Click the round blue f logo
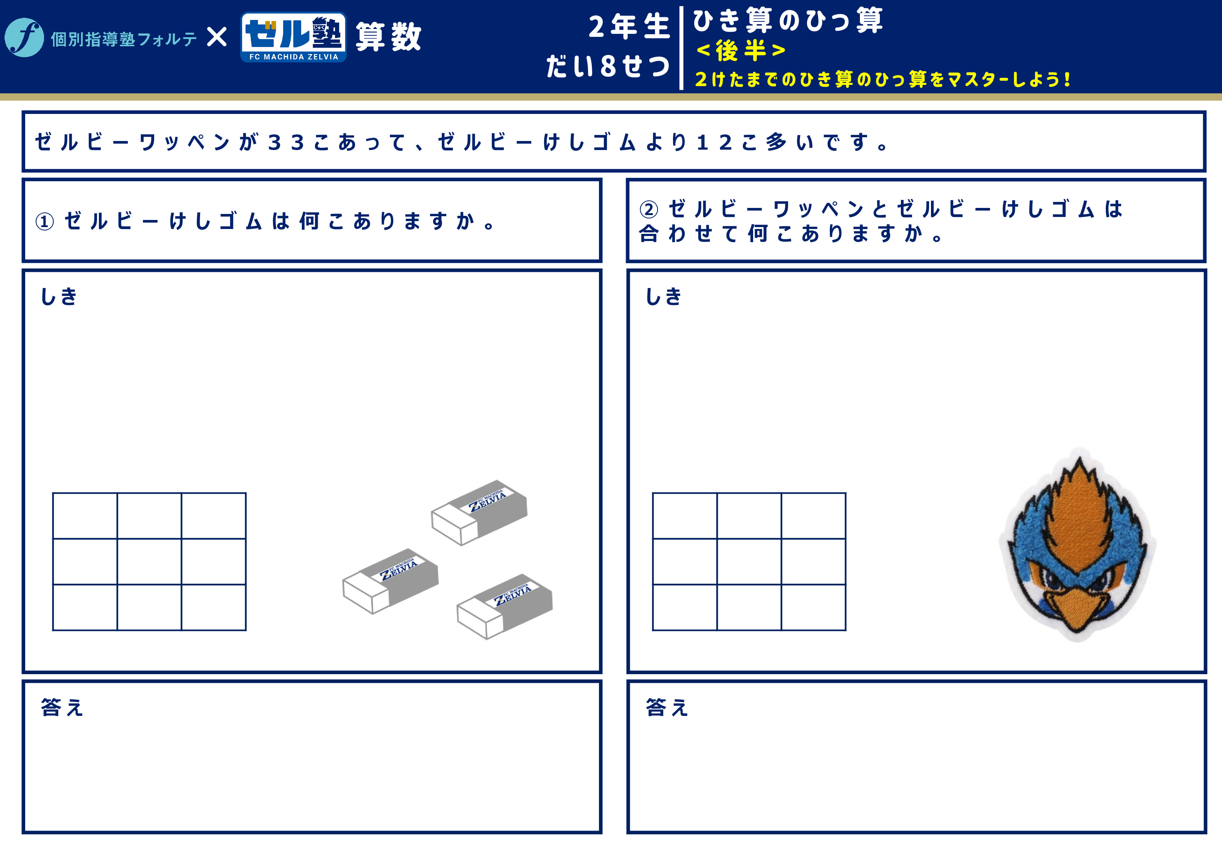tap(24, 38)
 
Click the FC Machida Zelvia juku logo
tap(294, 37)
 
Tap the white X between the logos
tap(217, 38)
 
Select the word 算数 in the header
tap(388, 37)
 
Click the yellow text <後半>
tap(741, 51)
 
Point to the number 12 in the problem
tap(714, 142)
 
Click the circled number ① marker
tap(44, 221)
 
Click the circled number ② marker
tap(649, 209)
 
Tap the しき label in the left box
tap(59, 296)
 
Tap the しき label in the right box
tap(664, 296)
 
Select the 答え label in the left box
tap(62, 707)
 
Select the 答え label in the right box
tap(667, 707)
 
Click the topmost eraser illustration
tap(479, 512)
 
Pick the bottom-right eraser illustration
tap(505, 606)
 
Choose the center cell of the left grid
tap(149, 561)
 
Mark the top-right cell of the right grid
tap(813, 516)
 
